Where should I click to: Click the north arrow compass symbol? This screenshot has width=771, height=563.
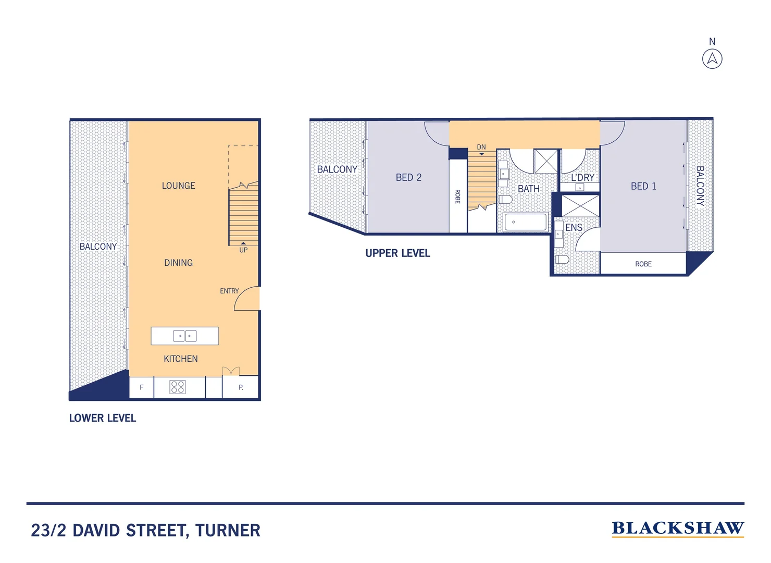tap(712, 58)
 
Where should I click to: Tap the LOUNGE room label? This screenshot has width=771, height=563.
tap(178, 186)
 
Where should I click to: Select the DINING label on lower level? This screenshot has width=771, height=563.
tap(178, 263)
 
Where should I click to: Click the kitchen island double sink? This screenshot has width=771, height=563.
tap(184, 336)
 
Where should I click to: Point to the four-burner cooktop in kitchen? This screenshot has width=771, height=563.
tap(178, 387)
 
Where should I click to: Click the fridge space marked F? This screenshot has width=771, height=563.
tap(141, 387)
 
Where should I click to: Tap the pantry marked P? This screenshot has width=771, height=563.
tap(241, 387)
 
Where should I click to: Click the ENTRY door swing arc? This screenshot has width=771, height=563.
tap(245, 299)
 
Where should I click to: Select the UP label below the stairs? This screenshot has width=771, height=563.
tap(243, 250)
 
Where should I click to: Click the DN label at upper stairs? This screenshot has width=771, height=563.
tap(481, 148)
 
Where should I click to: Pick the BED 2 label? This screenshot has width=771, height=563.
tap(408, 178)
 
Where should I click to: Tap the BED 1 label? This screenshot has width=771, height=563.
tap(643, 186)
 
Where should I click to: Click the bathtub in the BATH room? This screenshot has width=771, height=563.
tap(525, 222)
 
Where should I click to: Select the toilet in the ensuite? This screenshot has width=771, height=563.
tap(562, 259)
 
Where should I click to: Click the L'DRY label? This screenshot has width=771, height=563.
tap(582, 178)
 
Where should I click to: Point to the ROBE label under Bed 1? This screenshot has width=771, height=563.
tap(643, 264)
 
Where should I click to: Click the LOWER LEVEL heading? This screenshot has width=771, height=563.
tap(103, 418)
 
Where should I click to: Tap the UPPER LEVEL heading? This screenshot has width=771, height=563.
tap(397, 253)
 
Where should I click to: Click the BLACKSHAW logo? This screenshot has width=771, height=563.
tap(678, 529)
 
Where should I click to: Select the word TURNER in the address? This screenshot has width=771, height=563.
tap(228, 531)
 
